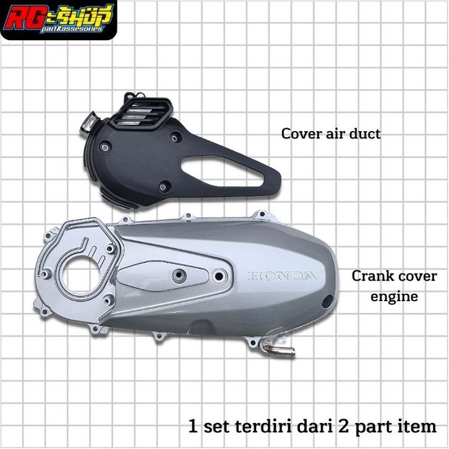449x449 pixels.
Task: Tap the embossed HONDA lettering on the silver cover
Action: [x=282, y=276]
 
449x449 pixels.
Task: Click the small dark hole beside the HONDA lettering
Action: [x=327, y=302]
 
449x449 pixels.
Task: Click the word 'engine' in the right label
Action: [x=394, y=297]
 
